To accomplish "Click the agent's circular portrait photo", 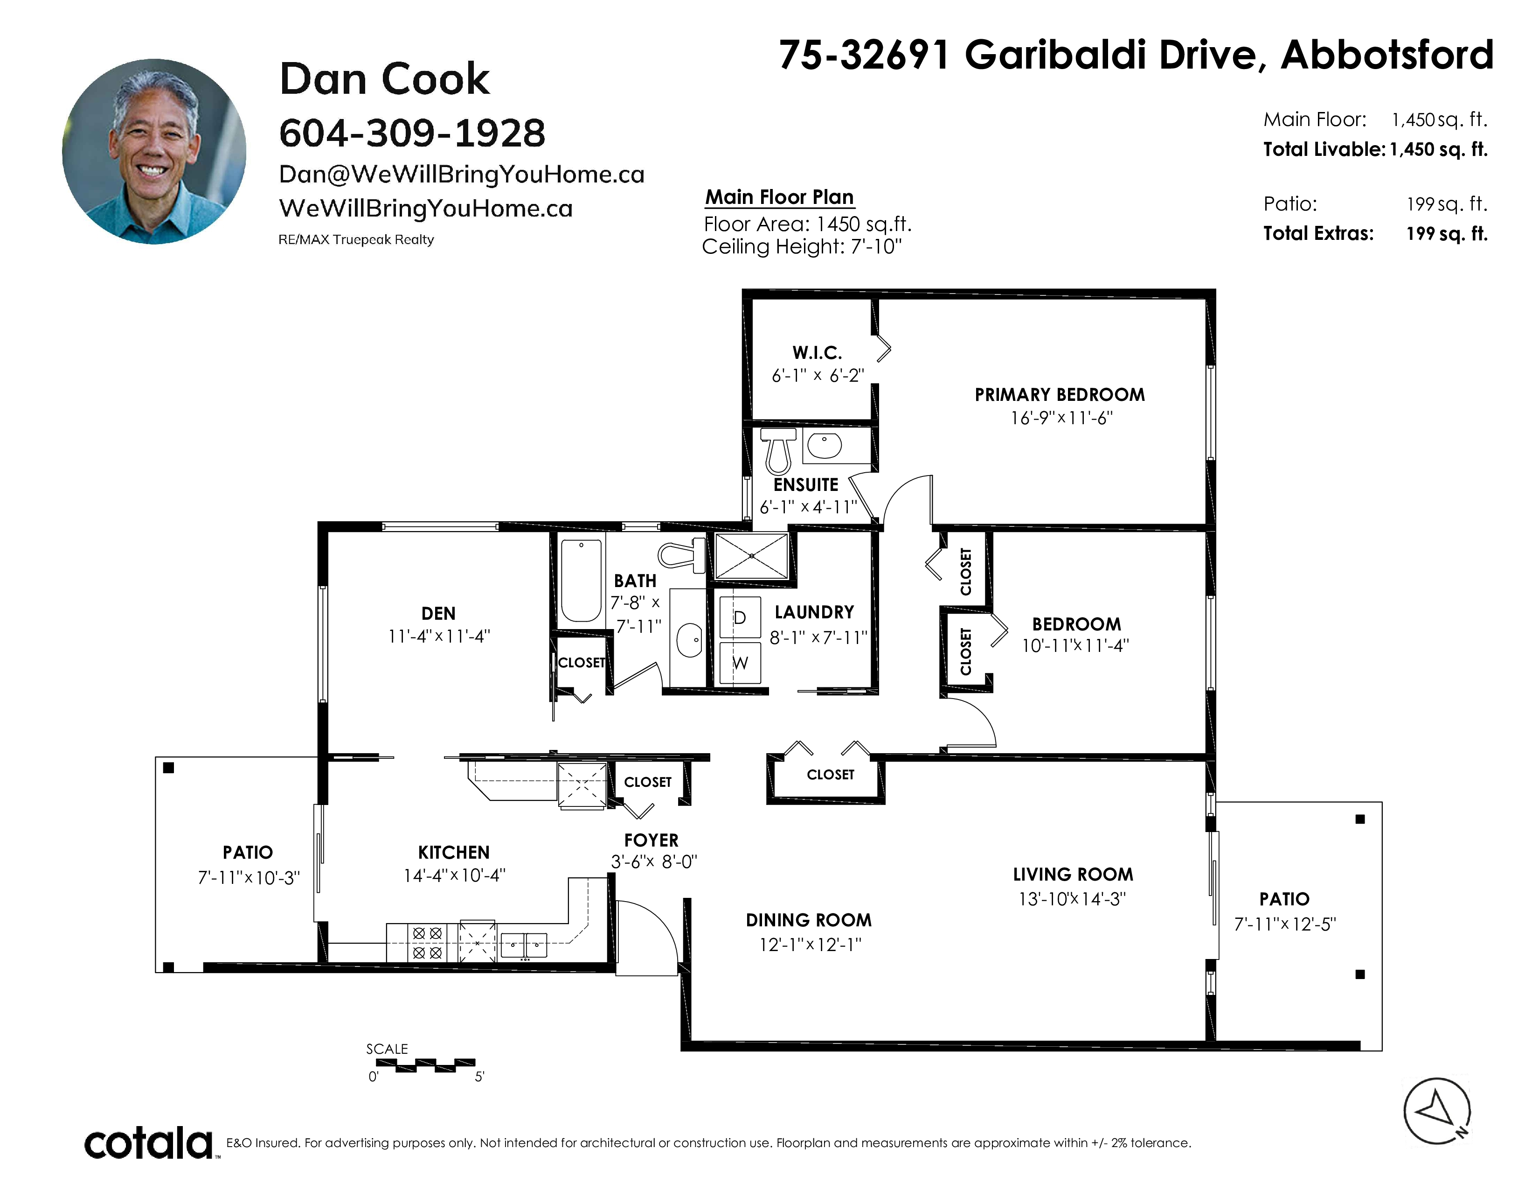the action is point(154,152).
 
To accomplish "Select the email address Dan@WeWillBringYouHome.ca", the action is point(462,174).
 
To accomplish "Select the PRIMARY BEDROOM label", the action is point(1060,395).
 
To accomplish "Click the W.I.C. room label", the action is point(818,352).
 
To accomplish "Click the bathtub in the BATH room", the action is point(582,580).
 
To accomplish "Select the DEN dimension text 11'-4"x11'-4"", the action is point(439,636).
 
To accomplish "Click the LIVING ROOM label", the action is point(1073,875).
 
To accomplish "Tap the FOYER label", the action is point(651,840).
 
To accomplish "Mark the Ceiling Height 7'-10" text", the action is point(802,247).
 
